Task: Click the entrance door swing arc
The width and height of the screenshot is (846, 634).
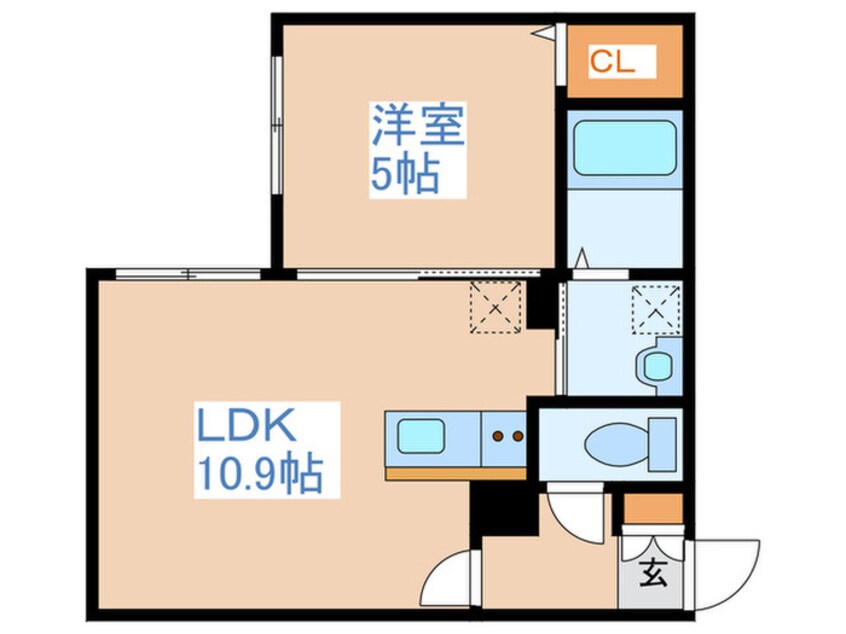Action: click(728, 573)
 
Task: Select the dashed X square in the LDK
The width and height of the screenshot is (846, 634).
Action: click(495, 305)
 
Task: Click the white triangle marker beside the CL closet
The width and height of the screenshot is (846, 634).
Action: click(544, 33)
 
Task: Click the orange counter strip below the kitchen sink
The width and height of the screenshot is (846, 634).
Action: click(455, 472)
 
